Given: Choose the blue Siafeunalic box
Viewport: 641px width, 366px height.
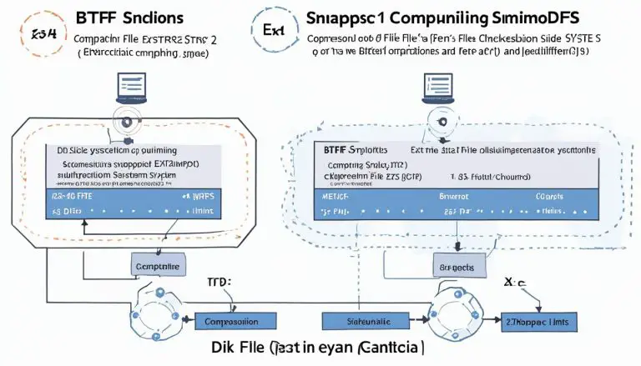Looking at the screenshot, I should [365, 319].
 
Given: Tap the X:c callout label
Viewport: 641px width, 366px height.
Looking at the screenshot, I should [516, 284].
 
